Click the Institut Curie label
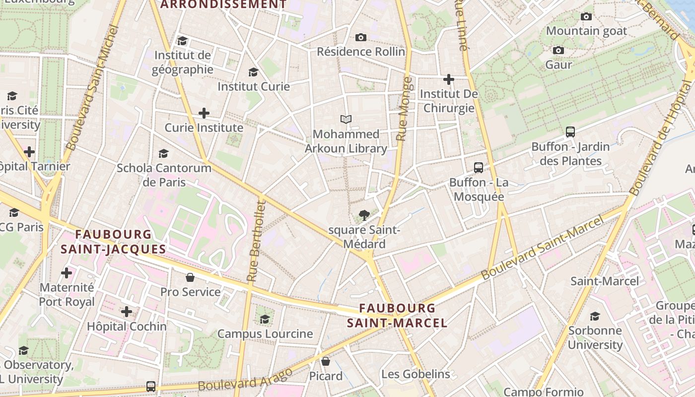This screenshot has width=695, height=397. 253,86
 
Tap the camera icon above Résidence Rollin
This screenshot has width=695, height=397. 361,37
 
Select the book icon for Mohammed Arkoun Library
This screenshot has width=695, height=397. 346,120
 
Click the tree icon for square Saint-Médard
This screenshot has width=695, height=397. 364,215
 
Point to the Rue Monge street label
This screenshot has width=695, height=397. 405,109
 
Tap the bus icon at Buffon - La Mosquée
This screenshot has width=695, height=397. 479,168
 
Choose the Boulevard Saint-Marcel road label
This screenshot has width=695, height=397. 544,247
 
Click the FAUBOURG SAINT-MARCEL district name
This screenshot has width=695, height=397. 397,316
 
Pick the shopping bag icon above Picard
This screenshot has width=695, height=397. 326,361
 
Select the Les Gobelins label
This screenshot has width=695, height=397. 416,374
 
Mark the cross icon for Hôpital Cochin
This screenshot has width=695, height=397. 127,312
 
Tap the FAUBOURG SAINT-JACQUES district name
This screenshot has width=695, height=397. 113,242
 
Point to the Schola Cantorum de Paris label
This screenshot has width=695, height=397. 164,175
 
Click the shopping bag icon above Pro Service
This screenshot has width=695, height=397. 190,277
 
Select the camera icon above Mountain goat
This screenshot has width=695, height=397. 586,16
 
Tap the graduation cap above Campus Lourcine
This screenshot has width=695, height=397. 265,319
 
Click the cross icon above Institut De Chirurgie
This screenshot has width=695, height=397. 449,79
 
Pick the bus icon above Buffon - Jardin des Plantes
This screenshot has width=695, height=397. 570,132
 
